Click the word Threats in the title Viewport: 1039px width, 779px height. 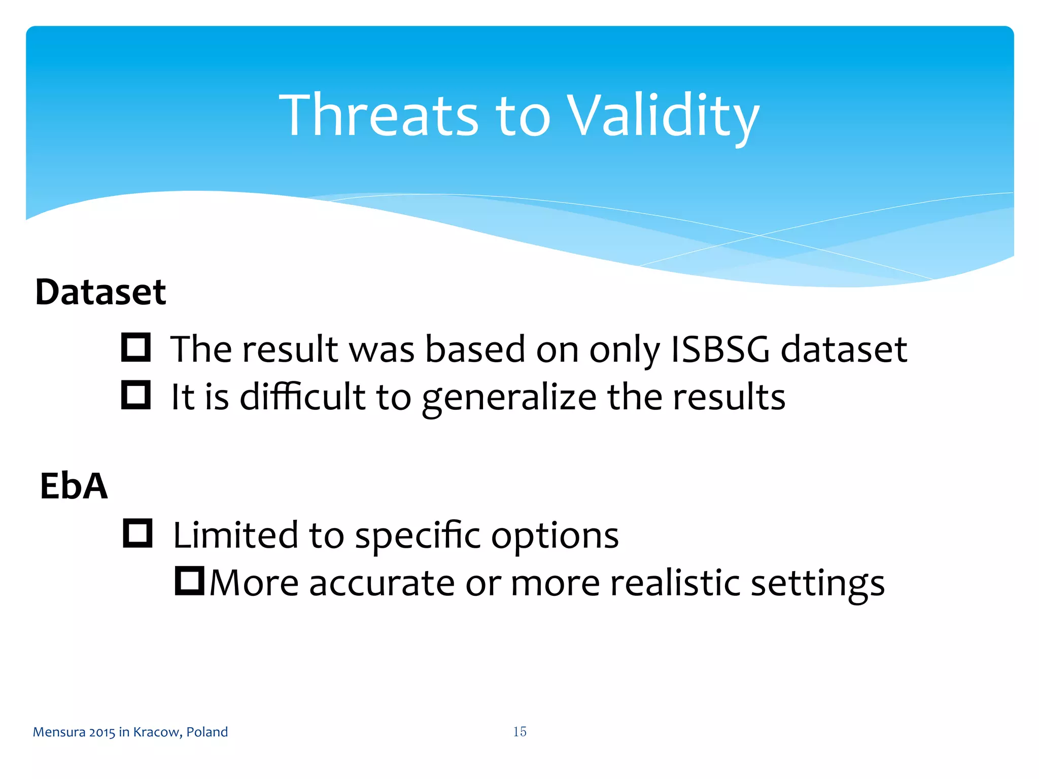pyautogui.click(x=378, y=116)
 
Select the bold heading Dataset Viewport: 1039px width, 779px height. pyautogui.click(x=100, y=293)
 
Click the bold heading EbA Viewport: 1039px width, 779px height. pyautogui.click(x=74, y=486)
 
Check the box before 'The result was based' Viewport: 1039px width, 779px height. pyautogui.click(x=136, y=347)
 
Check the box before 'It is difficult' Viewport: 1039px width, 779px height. pyautogui.click(x=136, y=395)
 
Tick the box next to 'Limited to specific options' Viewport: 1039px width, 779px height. pyautogui.click(x=137, y=533)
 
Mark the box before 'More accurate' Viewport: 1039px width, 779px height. pyautogui.click(x=189, y=581)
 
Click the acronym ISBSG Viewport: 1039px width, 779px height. pyautogui.click(x=720, y=349)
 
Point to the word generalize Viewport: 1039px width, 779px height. pyautogui.click(x=509, y=398)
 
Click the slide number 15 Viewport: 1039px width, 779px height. pyautogui.click(x=519, y=731)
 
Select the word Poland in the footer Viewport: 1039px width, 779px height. pyautogui.click(x=207, y=732)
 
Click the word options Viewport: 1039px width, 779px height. pyautogui.click(x=555, y=536)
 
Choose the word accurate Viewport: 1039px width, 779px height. pyautogui.click(x=382, y=583)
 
